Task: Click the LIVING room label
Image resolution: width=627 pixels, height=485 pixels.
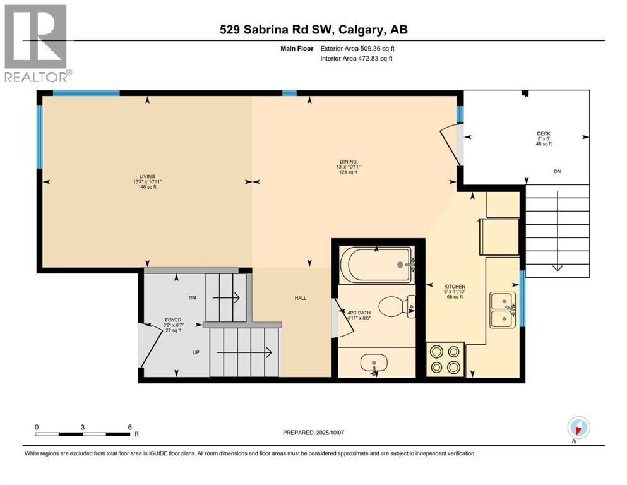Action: [148, 177]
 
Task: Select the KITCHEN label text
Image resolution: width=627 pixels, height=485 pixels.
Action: [455, 287]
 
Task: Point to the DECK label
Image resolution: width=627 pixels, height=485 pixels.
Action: [544, 133]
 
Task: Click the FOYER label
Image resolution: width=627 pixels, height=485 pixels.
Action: [170, 320]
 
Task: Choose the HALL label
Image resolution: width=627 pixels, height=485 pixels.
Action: [300, 297]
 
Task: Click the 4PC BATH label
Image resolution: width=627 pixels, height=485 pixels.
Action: [361, 313]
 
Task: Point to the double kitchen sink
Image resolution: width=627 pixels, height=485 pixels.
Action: [503, 310]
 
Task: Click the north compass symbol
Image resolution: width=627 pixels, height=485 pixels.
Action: [578, 428]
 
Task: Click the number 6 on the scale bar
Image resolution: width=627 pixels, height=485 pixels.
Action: [129, 426]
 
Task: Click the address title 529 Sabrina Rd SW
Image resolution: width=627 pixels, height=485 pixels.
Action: [314, 30]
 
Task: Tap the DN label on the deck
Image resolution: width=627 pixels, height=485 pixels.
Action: [557, 171]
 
